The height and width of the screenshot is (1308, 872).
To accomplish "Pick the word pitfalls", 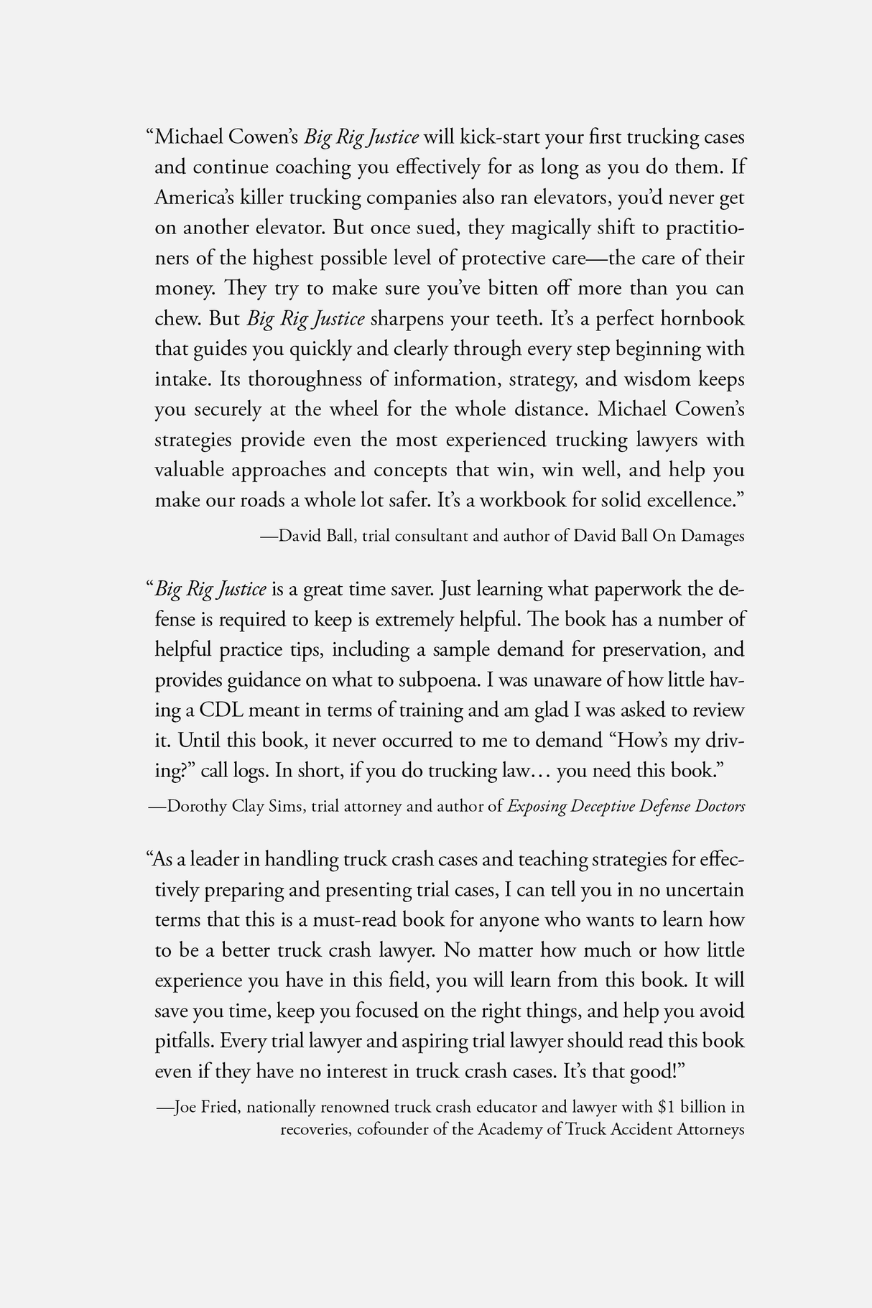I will (x=183, y=1041).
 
